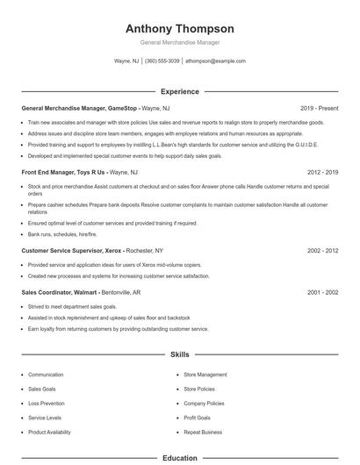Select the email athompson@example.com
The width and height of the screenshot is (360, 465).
pyautogui.click(x=215, y=61)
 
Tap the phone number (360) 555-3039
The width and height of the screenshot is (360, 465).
pyautogui.click(x=162, y=61)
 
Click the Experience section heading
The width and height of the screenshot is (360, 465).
pyautogui.click(x=179, y=91)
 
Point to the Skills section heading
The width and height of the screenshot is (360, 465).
pyautogui.click(x=179, y=355)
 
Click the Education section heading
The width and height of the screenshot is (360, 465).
pyautogui.click(x=179, y=458)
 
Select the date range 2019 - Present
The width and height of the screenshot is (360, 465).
pyautogui.click(x=319, y=108)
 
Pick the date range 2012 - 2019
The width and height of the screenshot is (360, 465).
pyautogui.click(x=322, y=173)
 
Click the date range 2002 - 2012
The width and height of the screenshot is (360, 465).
pyautogui.click(x=322, y=250)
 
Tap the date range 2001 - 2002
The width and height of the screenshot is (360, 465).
pyautogui.click(x=322, y=292)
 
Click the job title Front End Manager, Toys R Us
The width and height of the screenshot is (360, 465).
pyautogui.click(x=62, y=173)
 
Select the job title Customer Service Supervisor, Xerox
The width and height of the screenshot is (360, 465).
pyautogui.click(x=72, y=250)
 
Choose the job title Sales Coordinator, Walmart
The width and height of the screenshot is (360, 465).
pyautogui.click(x=59, y=292)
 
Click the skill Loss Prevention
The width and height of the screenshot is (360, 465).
pyautogui.click(x=46, y=404)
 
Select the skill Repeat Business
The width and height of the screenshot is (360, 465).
pyautogui.click(x=203, y=433)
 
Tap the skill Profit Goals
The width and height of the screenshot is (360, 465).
pyautogui.click(x=197, y=418)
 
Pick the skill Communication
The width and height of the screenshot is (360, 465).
pyautogui.click(x=46, y=375)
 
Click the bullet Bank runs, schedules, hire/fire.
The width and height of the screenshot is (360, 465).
pyautogui.click(x=62, y=234)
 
